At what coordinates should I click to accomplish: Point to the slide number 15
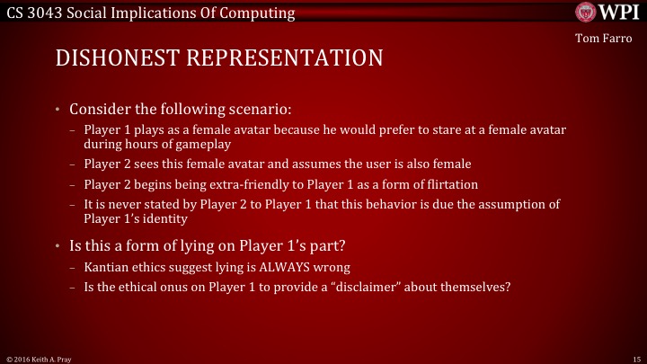pyautogui.click(x=636, y=358)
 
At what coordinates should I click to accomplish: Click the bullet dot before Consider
pyautogui.click(x=57, y=111)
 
